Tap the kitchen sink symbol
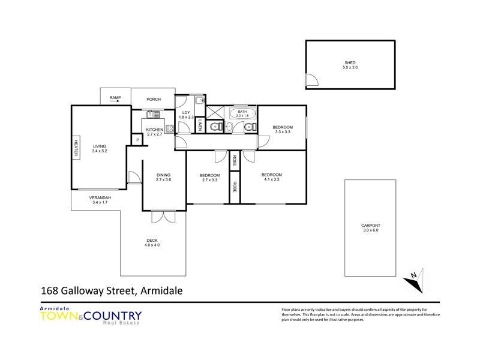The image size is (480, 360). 154,114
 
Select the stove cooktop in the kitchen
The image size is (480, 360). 169,128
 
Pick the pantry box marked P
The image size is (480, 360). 137,140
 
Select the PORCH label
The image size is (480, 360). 154,99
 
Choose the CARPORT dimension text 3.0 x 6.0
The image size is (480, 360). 370,230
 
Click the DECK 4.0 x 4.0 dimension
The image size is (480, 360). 152,245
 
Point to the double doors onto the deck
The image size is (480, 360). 163,218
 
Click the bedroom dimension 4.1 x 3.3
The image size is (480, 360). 271,179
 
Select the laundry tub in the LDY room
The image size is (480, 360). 199,101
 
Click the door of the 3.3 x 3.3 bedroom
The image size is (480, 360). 263,142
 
